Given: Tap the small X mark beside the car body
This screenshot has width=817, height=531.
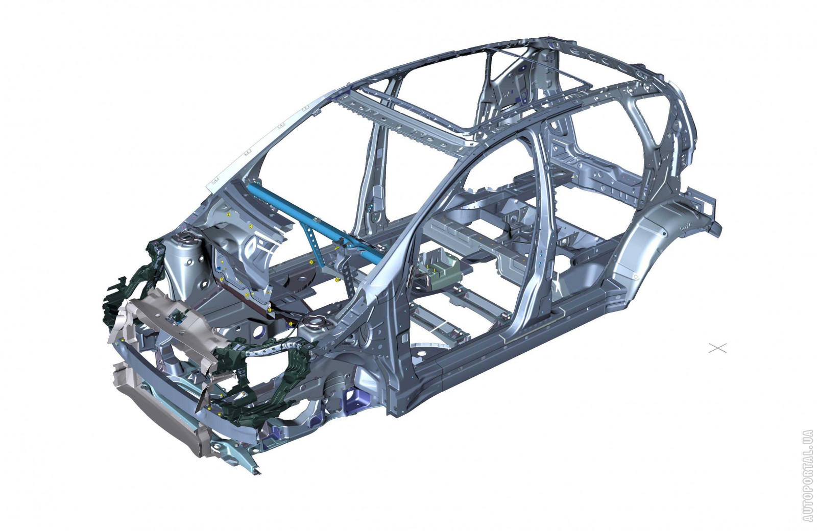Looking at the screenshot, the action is [717, 348].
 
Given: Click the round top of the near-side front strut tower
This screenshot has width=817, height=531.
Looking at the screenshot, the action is [315, 323].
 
